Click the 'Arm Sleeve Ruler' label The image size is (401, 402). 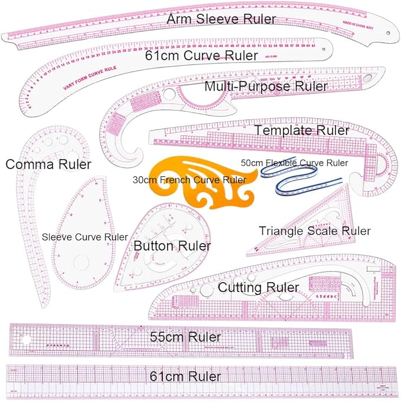click(221, 19)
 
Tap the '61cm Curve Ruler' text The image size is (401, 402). click(201, 56)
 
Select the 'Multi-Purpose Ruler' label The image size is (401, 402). click(266, 86)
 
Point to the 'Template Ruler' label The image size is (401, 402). click(301, 130)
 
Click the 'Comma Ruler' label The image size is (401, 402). click(48, 164)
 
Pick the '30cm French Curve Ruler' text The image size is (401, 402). click(190, 180)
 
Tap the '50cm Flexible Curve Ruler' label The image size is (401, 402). click(294, 162)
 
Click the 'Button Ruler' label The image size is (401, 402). click(172, 245)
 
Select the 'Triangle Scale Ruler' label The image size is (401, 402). click(315, 231)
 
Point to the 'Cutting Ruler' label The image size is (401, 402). click(258, 287)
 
